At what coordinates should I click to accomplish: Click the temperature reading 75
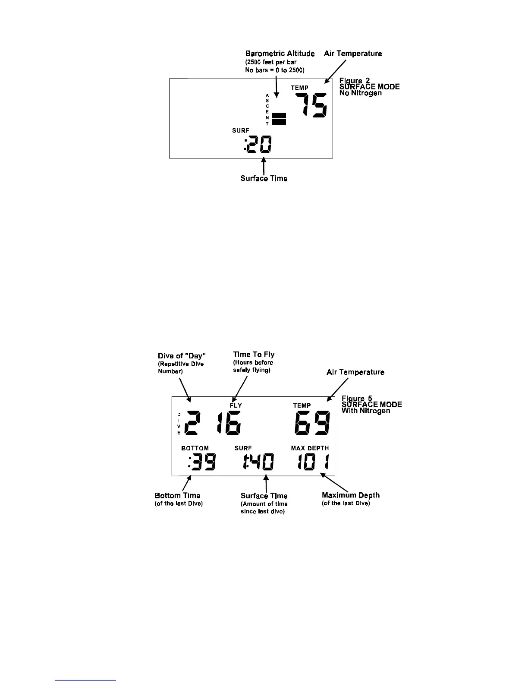tap(311, 106)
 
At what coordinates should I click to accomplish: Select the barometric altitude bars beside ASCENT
tap(279, 118)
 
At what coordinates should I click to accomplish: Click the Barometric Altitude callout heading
tap(280, 54)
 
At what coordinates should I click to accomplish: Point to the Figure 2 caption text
tap(369, 86)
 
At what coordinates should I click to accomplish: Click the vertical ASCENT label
tap(267, 109)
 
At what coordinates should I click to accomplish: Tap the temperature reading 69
tap(312, 423)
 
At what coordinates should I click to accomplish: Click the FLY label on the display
tap(236, 405)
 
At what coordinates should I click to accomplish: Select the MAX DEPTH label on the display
tap(310, 448)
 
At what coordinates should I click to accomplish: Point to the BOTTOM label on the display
tap(195, 448)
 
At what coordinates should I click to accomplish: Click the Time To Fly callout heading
tap(254, 355)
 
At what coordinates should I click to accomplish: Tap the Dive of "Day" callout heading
tap(182, 355)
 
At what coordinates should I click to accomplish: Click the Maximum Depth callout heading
tap(351, 495)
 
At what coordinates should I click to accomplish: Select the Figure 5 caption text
tap(371, 404)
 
